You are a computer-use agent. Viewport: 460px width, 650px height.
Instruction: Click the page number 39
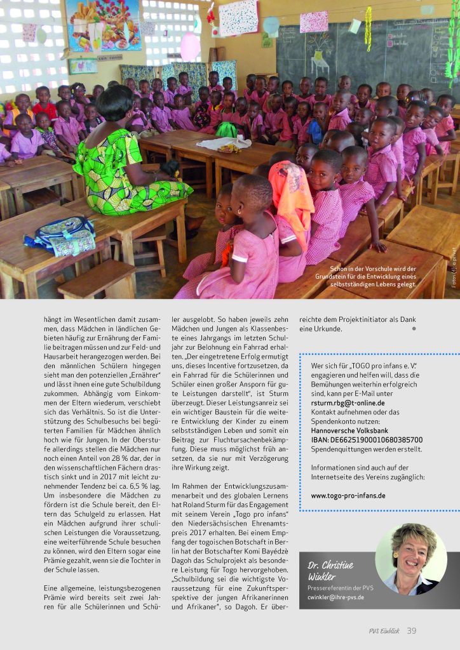tap(412, 630)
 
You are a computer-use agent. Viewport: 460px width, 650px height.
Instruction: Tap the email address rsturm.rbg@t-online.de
tap(348, 402)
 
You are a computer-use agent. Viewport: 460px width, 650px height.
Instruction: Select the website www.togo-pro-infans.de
tap(348, 495)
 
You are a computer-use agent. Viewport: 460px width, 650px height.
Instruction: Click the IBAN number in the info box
tap(367, 439)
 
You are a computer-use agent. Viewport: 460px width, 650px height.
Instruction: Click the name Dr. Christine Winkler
tap(330, 571)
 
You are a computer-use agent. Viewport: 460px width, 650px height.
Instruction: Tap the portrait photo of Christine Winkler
tap(410, 559)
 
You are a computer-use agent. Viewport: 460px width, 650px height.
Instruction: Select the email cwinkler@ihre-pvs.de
tap(336, 597)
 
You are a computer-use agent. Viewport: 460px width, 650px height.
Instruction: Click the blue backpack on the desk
tap(60, 235)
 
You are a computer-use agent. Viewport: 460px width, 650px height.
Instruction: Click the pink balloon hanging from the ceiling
tap(190, 46)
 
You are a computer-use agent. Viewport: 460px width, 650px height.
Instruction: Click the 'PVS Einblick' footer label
tap(383, 630)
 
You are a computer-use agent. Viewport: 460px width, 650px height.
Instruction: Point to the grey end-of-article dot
tap(414, 329)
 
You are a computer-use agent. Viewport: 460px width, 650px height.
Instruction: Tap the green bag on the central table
tap(226, 129)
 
